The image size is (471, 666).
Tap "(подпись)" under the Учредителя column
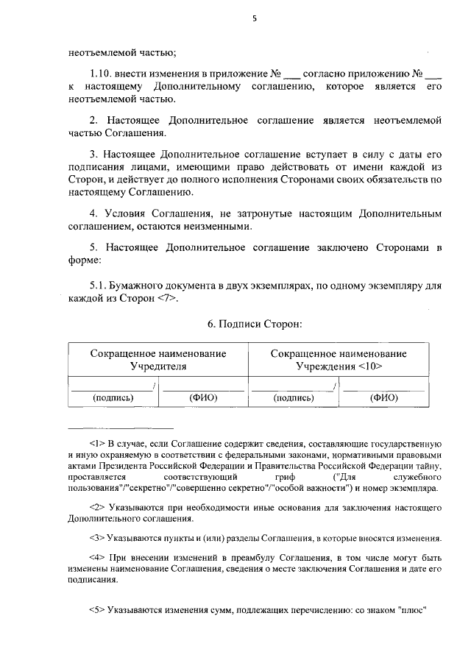(113, 398)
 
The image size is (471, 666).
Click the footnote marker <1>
(98, 444)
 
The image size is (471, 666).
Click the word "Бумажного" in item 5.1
(140, 285)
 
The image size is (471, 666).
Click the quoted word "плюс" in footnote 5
(414, 610)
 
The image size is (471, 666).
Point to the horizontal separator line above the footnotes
(121, 428)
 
